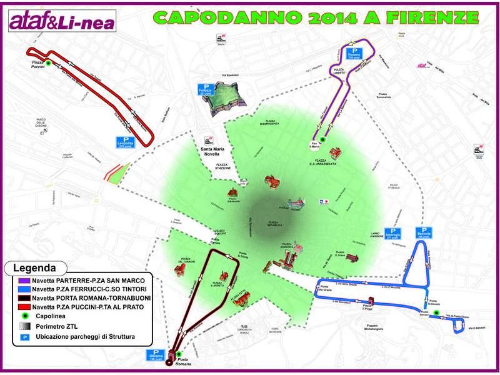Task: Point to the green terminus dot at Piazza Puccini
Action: click(47, 62)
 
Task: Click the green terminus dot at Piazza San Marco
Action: click(322, 140)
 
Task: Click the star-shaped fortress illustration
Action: click(226, 99)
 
